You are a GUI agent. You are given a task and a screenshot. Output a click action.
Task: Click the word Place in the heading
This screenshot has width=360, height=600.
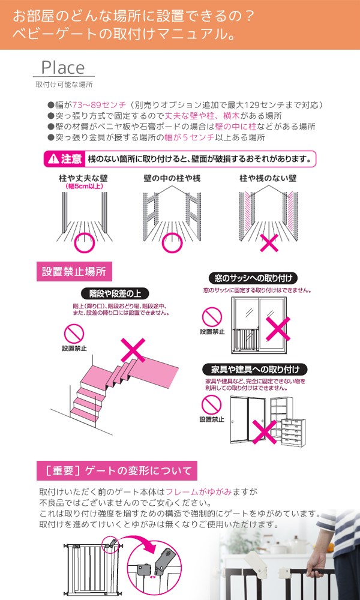click(x=63, y=68)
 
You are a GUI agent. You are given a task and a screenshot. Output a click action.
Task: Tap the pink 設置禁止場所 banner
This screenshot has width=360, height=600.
click(x=74, y=272)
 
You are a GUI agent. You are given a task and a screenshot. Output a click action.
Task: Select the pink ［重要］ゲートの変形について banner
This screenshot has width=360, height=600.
click(x=116, y=470)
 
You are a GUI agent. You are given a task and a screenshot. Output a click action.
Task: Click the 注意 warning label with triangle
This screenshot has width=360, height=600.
click(x=64, y=158)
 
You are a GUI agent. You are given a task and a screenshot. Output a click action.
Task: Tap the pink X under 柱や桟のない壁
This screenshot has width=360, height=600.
click(x=269, y=242)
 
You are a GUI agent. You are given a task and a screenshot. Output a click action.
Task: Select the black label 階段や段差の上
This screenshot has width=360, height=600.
click(x=110, y=294)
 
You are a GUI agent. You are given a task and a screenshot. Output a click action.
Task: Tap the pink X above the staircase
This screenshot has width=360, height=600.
click(x=133, y=350)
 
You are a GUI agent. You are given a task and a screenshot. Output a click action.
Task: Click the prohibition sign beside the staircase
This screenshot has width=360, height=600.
click(x=74, y=334)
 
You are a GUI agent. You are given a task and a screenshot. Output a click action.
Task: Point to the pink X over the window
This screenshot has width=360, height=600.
click(x=278, y=328)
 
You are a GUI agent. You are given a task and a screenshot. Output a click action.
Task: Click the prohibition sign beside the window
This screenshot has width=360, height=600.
click(x=212, y=317)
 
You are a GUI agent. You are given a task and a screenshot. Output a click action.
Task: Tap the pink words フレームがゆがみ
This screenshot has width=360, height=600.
click(x=199, y=492)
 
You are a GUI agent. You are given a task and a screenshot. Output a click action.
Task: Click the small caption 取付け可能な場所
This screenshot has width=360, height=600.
click(x=64, y=85)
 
